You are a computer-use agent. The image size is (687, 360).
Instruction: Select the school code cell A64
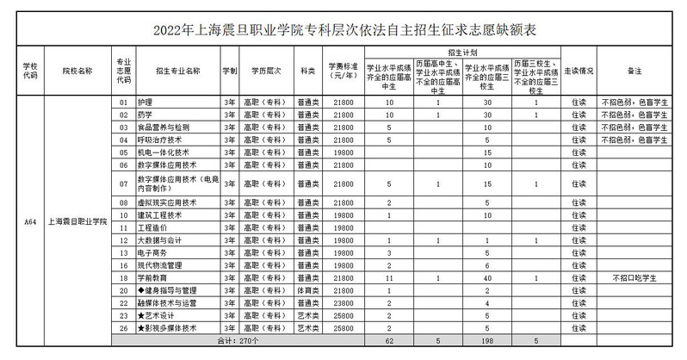[30, 221]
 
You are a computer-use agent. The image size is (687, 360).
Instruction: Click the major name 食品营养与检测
[164, 127]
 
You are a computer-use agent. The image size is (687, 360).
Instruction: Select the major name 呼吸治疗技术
[161, 139]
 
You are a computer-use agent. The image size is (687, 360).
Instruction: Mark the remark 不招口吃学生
[635, 278]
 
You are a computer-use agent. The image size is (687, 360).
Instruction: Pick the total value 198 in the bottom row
[487, 341]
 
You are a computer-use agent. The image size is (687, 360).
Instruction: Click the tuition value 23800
[343, 303]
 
